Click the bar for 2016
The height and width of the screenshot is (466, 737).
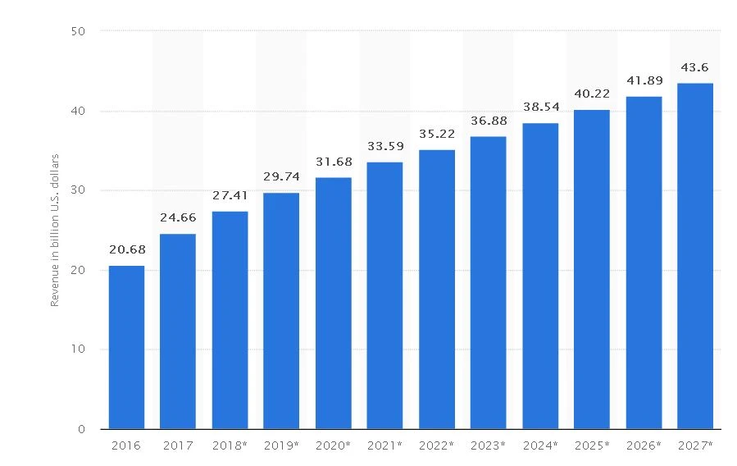pos(126,347)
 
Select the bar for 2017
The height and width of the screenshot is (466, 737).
pos(178,331)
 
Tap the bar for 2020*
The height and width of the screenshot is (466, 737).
pos(333,304)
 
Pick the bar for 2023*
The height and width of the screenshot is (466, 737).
pos(489,282)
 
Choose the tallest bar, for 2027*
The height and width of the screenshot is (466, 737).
pos(695,256)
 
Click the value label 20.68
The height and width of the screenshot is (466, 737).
pos(126,250)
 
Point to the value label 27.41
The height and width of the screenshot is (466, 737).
pos(230,197)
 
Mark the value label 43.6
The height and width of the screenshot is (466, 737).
pos(695,67)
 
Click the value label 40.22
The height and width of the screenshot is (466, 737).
pos(592,94)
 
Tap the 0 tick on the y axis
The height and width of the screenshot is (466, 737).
pos(83,429)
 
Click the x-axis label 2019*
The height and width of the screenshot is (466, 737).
pos(281,446)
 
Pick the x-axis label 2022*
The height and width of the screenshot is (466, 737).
pos(437,446)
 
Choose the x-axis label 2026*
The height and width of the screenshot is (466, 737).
pos(644,446)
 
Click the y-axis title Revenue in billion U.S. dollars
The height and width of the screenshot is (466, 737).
pos(55,230)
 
